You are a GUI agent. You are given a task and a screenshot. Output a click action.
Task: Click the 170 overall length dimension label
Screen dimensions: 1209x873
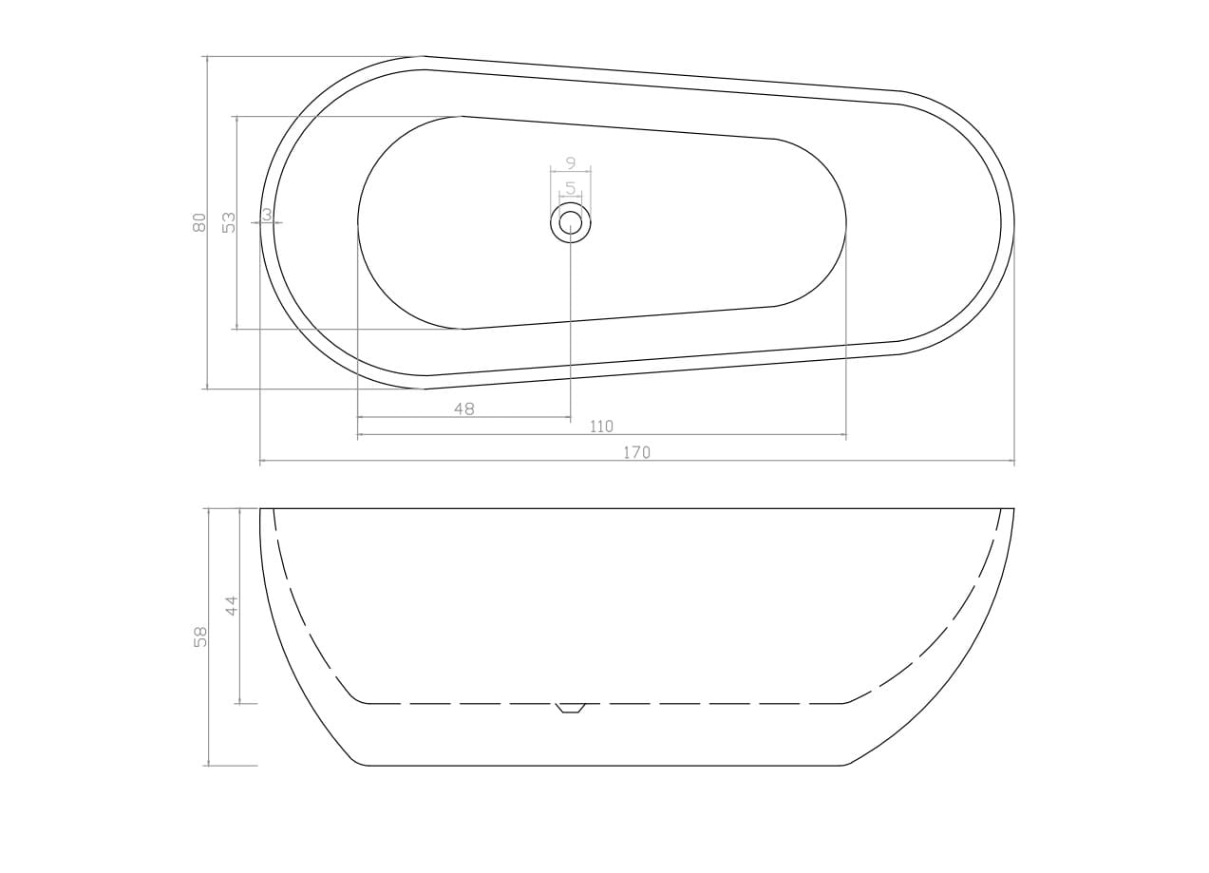tap(637, 452)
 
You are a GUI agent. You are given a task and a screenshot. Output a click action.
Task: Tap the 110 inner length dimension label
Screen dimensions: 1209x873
tap(601, 427)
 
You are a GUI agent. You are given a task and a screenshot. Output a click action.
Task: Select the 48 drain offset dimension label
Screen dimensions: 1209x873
tap(464, 409)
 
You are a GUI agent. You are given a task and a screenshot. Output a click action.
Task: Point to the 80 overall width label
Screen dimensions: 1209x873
tap(199, 222)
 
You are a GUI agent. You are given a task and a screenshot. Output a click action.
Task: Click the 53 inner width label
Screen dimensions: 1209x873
tap(230, 222)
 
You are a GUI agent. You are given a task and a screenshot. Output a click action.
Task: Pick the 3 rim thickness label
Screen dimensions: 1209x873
tap(267, 215)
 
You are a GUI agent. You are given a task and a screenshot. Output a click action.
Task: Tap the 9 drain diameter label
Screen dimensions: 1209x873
tap(571, 162)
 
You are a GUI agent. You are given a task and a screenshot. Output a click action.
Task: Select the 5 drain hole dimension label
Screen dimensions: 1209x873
tap(571, 188)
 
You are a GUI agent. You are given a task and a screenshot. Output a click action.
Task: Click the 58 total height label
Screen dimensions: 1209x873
tap(200, 637)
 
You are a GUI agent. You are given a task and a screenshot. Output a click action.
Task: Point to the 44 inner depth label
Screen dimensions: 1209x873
tap(232, 605)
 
